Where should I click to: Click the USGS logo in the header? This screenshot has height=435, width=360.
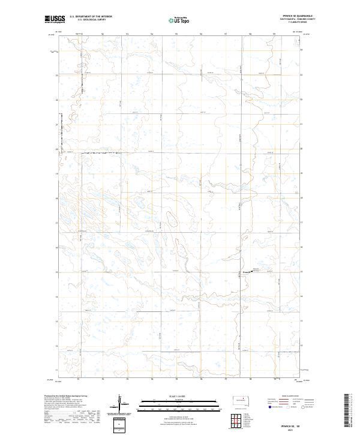click(x=55, y=19)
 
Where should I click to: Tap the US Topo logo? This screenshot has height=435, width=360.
click(x=180, y=20)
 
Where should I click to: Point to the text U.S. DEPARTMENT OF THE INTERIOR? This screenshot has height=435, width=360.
click(x=91, y=17)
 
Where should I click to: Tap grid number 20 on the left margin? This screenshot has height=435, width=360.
click(x=56, y=149)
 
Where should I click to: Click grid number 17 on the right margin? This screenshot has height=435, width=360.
click(x=301, y=223)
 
